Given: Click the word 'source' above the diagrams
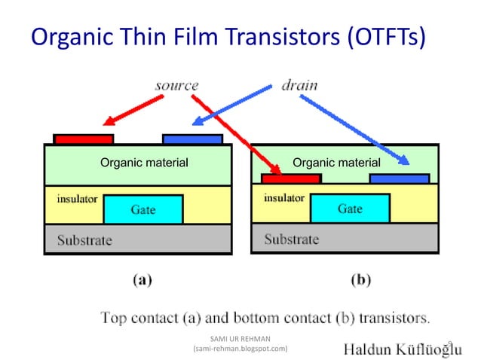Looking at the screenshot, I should [176, 84].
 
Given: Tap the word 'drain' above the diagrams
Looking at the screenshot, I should [299, 84].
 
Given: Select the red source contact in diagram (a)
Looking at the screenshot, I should [84, 139].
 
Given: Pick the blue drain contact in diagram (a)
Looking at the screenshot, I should [192, 139].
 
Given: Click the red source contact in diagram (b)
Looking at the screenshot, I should [291, 178].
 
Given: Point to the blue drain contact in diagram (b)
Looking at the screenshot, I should [399, 178].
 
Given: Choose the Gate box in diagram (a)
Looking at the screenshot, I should [143, 209].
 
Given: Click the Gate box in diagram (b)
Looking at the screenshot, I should [350, 208].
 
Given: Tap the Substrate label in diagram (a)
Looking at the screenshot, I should [84, 240].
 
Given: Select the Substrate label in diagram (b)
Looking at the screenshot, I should [291, 239].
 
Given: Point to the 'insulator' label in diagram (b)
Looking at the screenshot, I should [284, 198].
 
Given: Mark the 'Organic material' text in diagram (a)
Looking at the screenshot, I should [144, 162].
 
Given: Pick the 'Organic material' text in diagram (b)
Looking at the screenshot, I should [336, 162].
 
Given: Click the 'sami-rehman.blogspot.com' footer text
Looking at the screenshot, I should [241, 349].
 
